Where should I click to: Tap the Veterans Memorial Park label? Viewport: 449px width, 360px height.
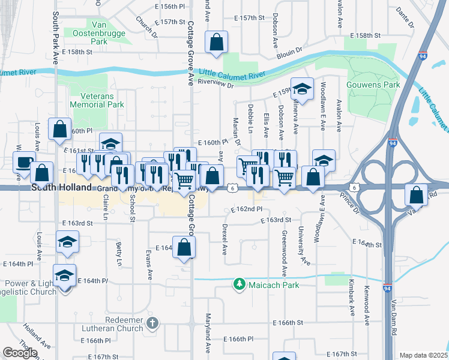(97, 100)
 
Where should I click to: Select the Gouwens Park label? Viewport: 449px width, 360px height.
(373, 85)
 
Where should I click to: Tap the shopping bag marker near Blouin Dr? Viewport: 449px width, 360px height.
(216, 42)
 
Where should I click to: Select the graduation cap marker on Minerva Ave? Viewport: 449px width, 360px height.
(303, 89)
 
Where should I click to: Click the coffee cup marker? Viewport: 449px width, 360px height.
(24, 161)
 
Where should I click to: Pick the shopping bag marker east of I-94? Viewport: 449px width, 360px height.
(416, 194)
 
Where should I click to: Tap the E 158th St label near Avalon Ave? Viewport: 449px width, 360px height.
(364, 36)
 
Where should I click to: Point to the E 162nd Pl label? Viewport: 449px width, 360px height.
(247, 209)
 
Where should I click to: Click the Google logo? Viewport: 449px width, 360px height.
(20, 352)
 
